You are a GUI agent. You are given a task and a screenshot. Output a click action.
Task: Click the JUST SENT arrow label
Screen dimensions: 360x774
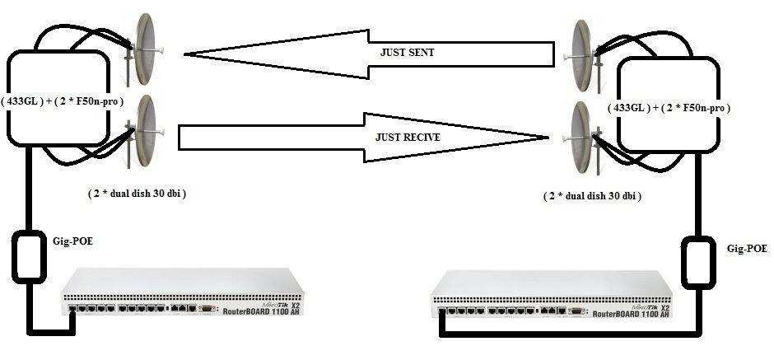tap(407, 52)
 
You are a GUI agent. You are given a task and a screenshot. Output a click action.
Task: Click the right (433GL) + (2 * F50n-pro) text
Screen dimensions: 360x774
tap(669, 108)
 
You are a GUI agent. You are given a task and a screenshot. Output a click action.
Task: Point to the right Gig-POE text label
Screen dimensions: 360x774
tap(748, 247)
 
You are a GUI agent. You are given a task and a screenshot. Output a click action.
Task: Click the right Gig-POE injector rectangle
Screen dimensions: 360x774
tap(697, 263)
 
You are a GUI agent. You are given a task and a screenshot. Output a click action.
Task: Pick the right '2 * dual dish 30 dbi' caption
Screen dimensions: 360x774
tap(591, 197)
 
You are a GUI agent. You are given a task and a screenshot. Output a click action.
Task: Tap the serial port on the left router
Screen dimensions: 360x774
tap(208, 310)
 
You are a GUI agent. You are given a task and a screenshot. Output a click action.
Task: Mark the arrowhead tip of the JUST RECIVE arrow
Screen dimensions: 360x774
tap(548, 137)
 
